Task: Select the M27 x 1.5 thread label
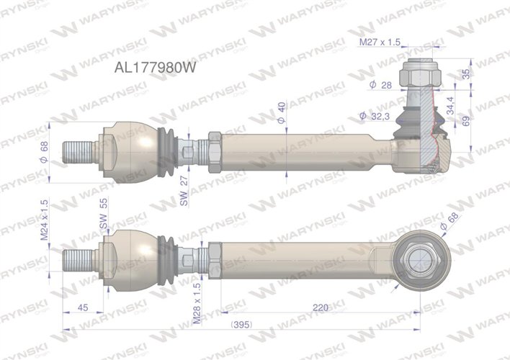point(380,43)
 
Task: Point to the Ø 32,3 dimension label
point(374,115)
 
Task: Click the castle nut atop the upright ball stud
point(419,73)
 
